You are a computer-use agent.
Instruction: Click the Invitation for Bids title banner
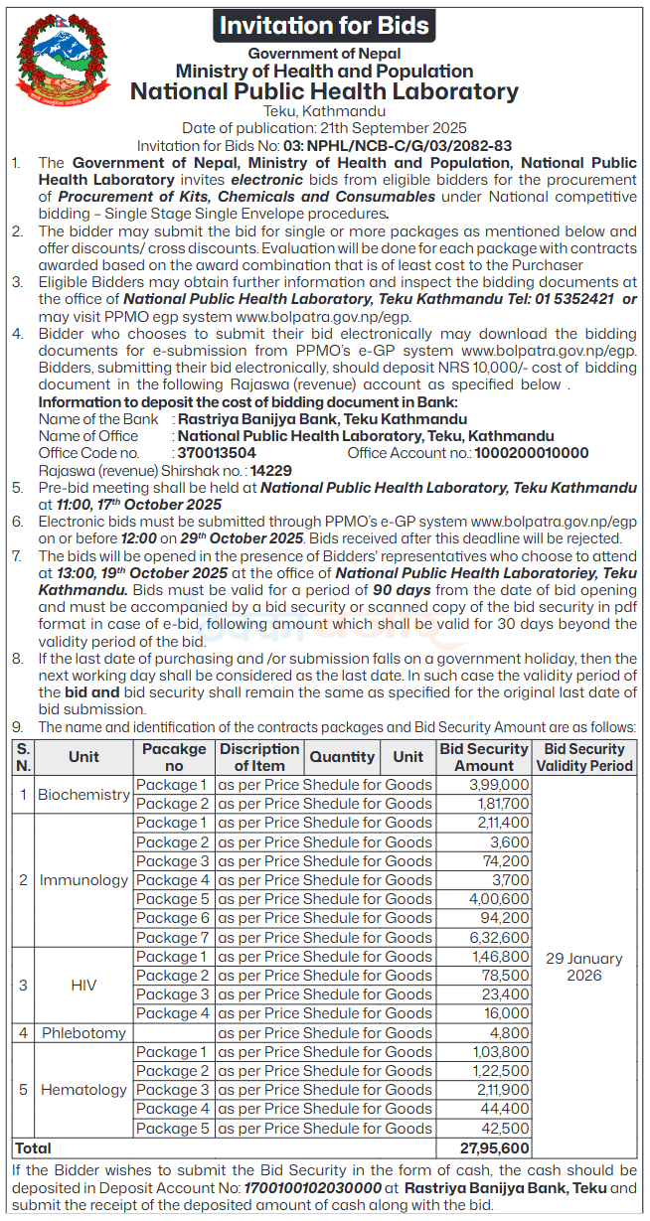click(x=324, y=26)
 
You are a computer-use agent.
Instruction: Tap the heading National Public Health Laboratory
click(x=324, y=92)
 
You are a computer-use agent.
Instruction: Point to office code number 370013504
click(x=211, y=453)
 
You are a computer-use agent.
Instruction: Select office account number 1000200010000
click(x=532, y=453)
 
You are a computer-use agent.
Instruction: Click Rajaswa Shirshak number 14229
click(x=271, y=470)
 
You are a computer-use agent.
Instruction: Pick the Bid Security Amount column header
click(x=484, y=757)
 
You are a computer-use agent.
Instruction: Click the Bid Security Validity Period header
click(x=584, y=757)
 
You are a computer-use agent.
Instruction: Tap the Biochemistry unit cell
click(x=84, y=795)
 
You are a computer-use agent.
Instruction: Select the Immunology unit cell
click(x=84, y=880)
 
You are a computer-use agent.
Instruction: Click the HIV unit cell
click(x=84, y=986)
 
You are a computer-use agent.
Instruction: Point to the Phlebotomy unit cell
click(x=84, y=1033)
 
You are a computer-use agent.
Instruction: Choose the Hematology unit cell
click(x=84, y=1090)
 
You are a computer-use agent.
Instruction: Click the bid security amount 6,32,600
click(x=502, y=938)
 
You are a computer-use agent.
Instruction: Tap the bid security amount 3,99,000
click(x=502, y=785)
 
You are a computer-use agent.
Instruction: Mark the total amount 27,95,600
click(x=496, y=1148)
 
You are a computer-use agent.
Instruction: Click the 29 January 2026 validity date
click(x=584, y=967)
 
